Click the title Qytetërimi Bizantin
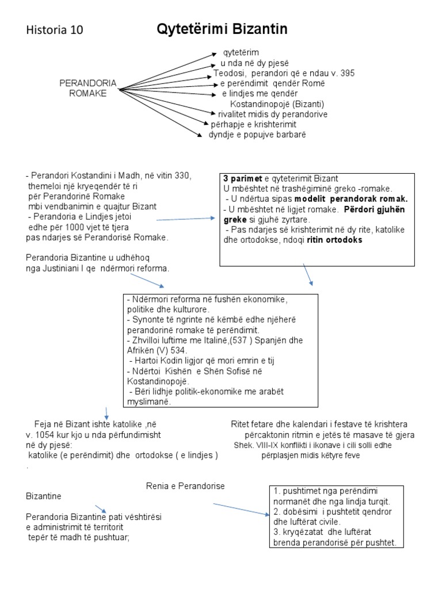pos(222,29)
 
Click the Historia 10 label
pos(55,31)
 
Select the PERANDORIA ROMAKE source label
pos(88,89)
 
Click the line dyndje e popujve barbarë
pos(256,135)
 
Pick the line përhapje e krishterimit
pos(253,125)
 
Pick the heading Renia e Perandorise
pos(185,487)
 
